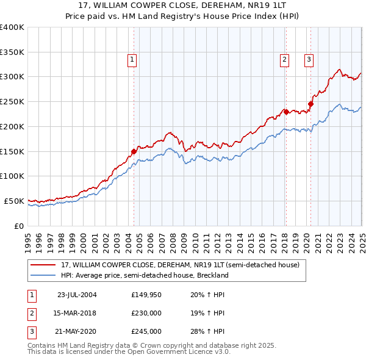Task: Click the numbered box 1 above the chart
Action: (x=132, y=59)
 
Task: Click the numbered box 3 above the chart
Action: (x=309, y=59)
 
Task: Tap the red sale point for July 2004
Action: (x=134, y=151)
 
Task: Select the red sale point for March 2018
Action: (x=285, y=111)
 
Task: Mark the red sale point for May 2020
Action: (x=310, y=104)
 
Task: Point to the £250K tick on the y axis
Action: (x=13, y=101)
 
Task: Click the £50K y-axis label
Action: (x=15, y=201)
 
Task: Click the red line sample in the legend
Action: (x=43, y=265)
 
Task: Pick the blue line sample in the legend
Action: (x=43, y=275)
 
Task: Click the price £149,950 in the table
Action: (x=146, y=294)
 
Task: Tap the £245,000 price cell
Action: (x=146, y=332)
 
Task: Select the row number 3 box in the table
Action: (x=32, y=332)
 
